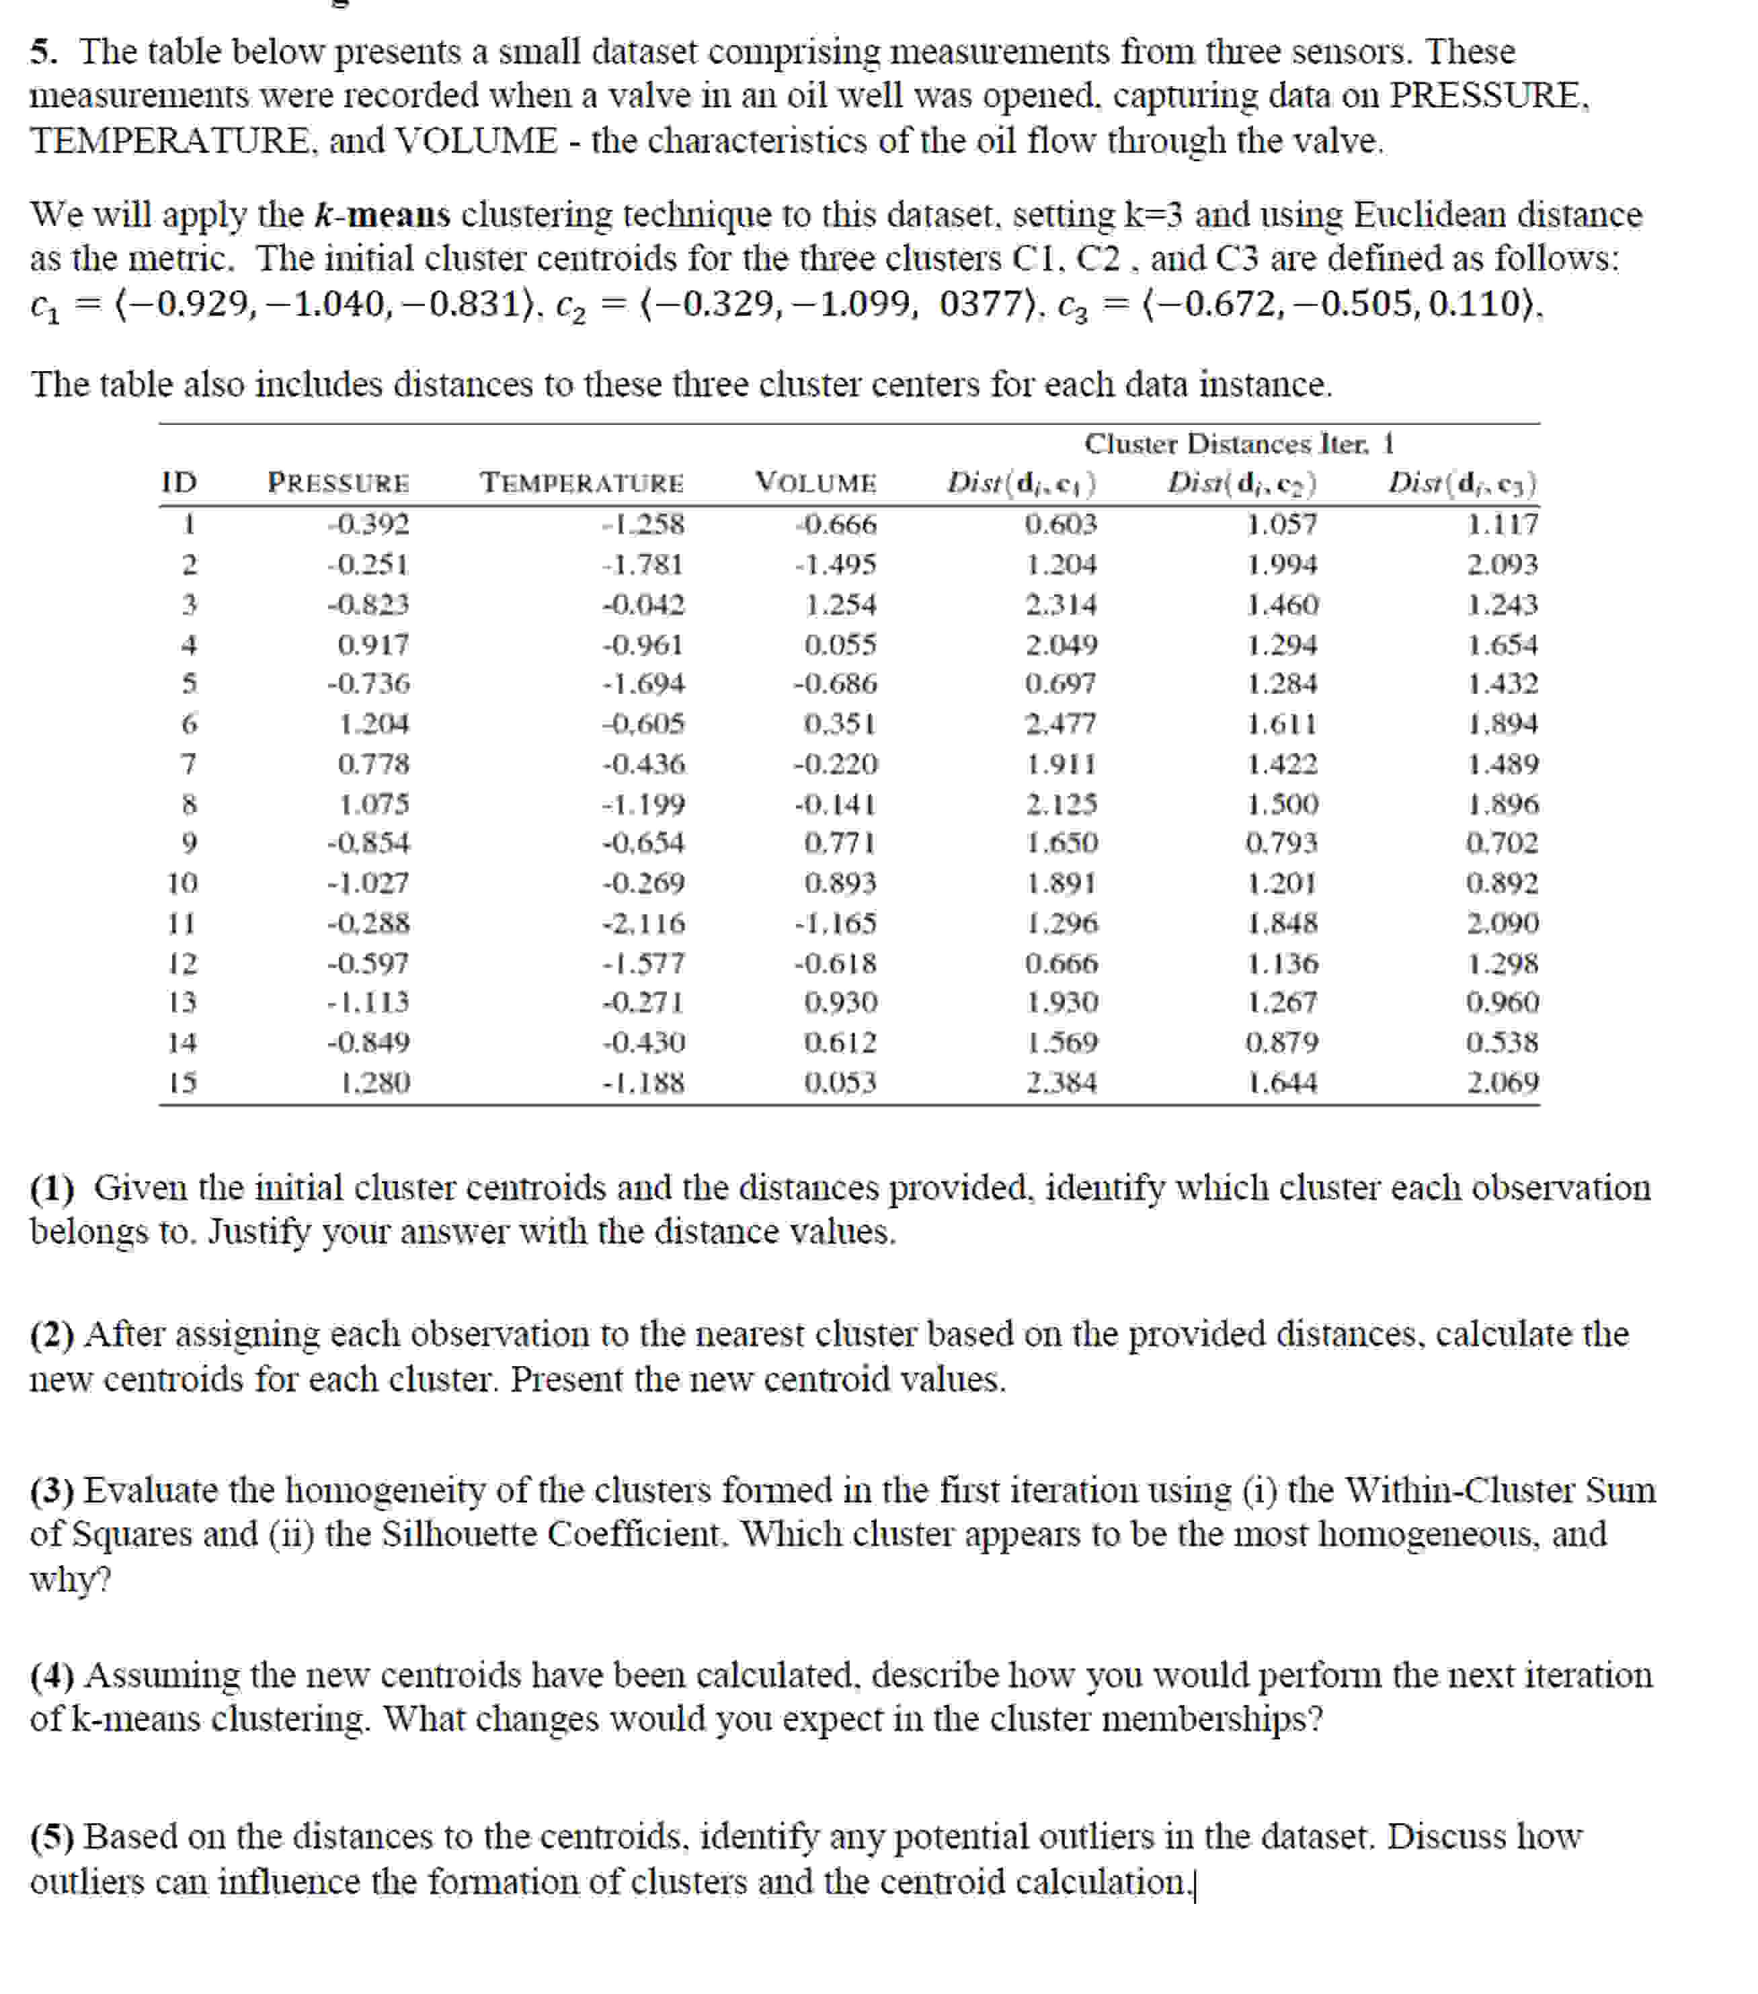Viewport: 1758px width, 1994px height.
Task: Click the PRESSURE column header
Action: (x=339, y=483)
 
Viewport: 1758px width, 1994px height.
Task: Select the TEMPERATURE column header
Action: (x=582, y=483)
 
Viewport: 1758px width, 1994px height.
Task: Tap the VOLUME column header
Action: (x=815, y=483)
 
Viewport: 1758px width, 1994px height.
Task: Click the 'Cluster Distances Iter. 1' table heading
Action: (x=1238, y=444)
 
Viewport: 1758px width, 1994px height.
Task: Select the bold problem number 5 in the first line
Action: (x=41, y=50)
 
